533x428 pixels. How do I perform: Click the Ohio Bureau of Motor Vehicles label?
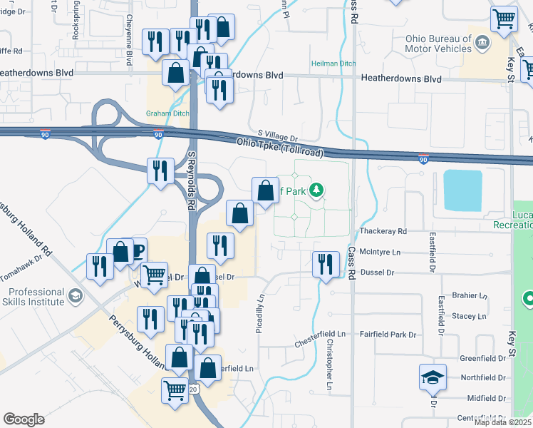tap(438, 44)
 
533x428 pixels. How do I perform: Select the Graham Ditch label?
tap(165, 113)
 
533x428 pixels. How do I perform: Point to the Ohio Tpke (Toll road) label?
tap(280, 148)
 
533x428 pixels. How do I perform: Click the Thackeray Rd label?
tap(383, 232)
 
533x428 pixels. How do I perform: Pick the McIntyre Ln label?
tap(381, 252)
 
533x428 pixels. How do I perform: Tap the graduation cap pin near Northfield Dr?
tap(433, 376)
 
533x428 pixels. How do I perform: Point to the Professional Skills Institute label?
tap(36, 297)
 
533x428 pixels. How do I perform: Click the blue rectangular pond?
tap(467, 190)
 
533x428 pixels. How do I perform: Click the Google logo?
tap(24, 419)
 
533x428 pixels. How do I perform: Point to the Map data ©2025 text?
tap(502, 422)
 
